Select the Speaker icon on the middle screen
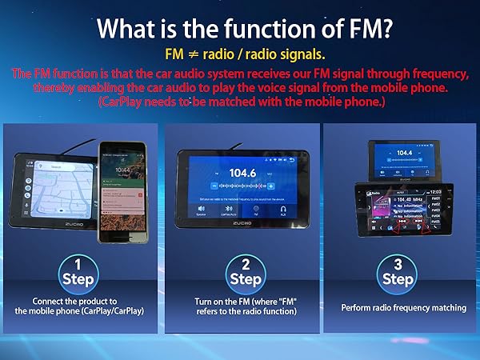tap(202, 210)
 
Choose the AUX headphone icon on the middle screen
tap(282, 210)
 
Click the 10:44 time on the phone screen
tap(122, 171)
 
